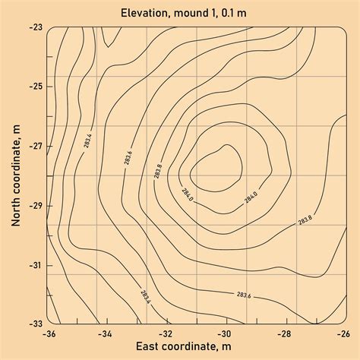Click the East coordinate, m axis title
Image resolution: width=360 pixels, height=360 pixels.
coord(195,347)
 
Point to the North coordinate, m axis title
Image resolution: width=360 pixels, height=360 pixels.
coord(15,175)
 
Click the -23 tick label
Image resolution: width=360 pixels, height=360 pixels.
coord(34,27)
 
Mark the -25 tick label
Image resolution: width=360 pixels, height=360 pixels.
coord(34,86)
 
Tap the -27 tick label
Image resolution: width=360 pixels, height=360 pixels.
coord(34,145)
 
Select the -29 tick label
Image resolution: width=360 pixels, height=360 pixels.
coord(34,205)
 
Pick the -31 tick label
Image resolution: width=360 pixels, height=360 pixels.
coord(34,264)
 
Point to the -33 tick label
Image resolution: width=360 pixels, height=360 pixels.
coord(34,324)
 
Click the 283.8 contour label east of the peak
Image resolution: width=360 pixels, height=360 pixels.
coord(305,220)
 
